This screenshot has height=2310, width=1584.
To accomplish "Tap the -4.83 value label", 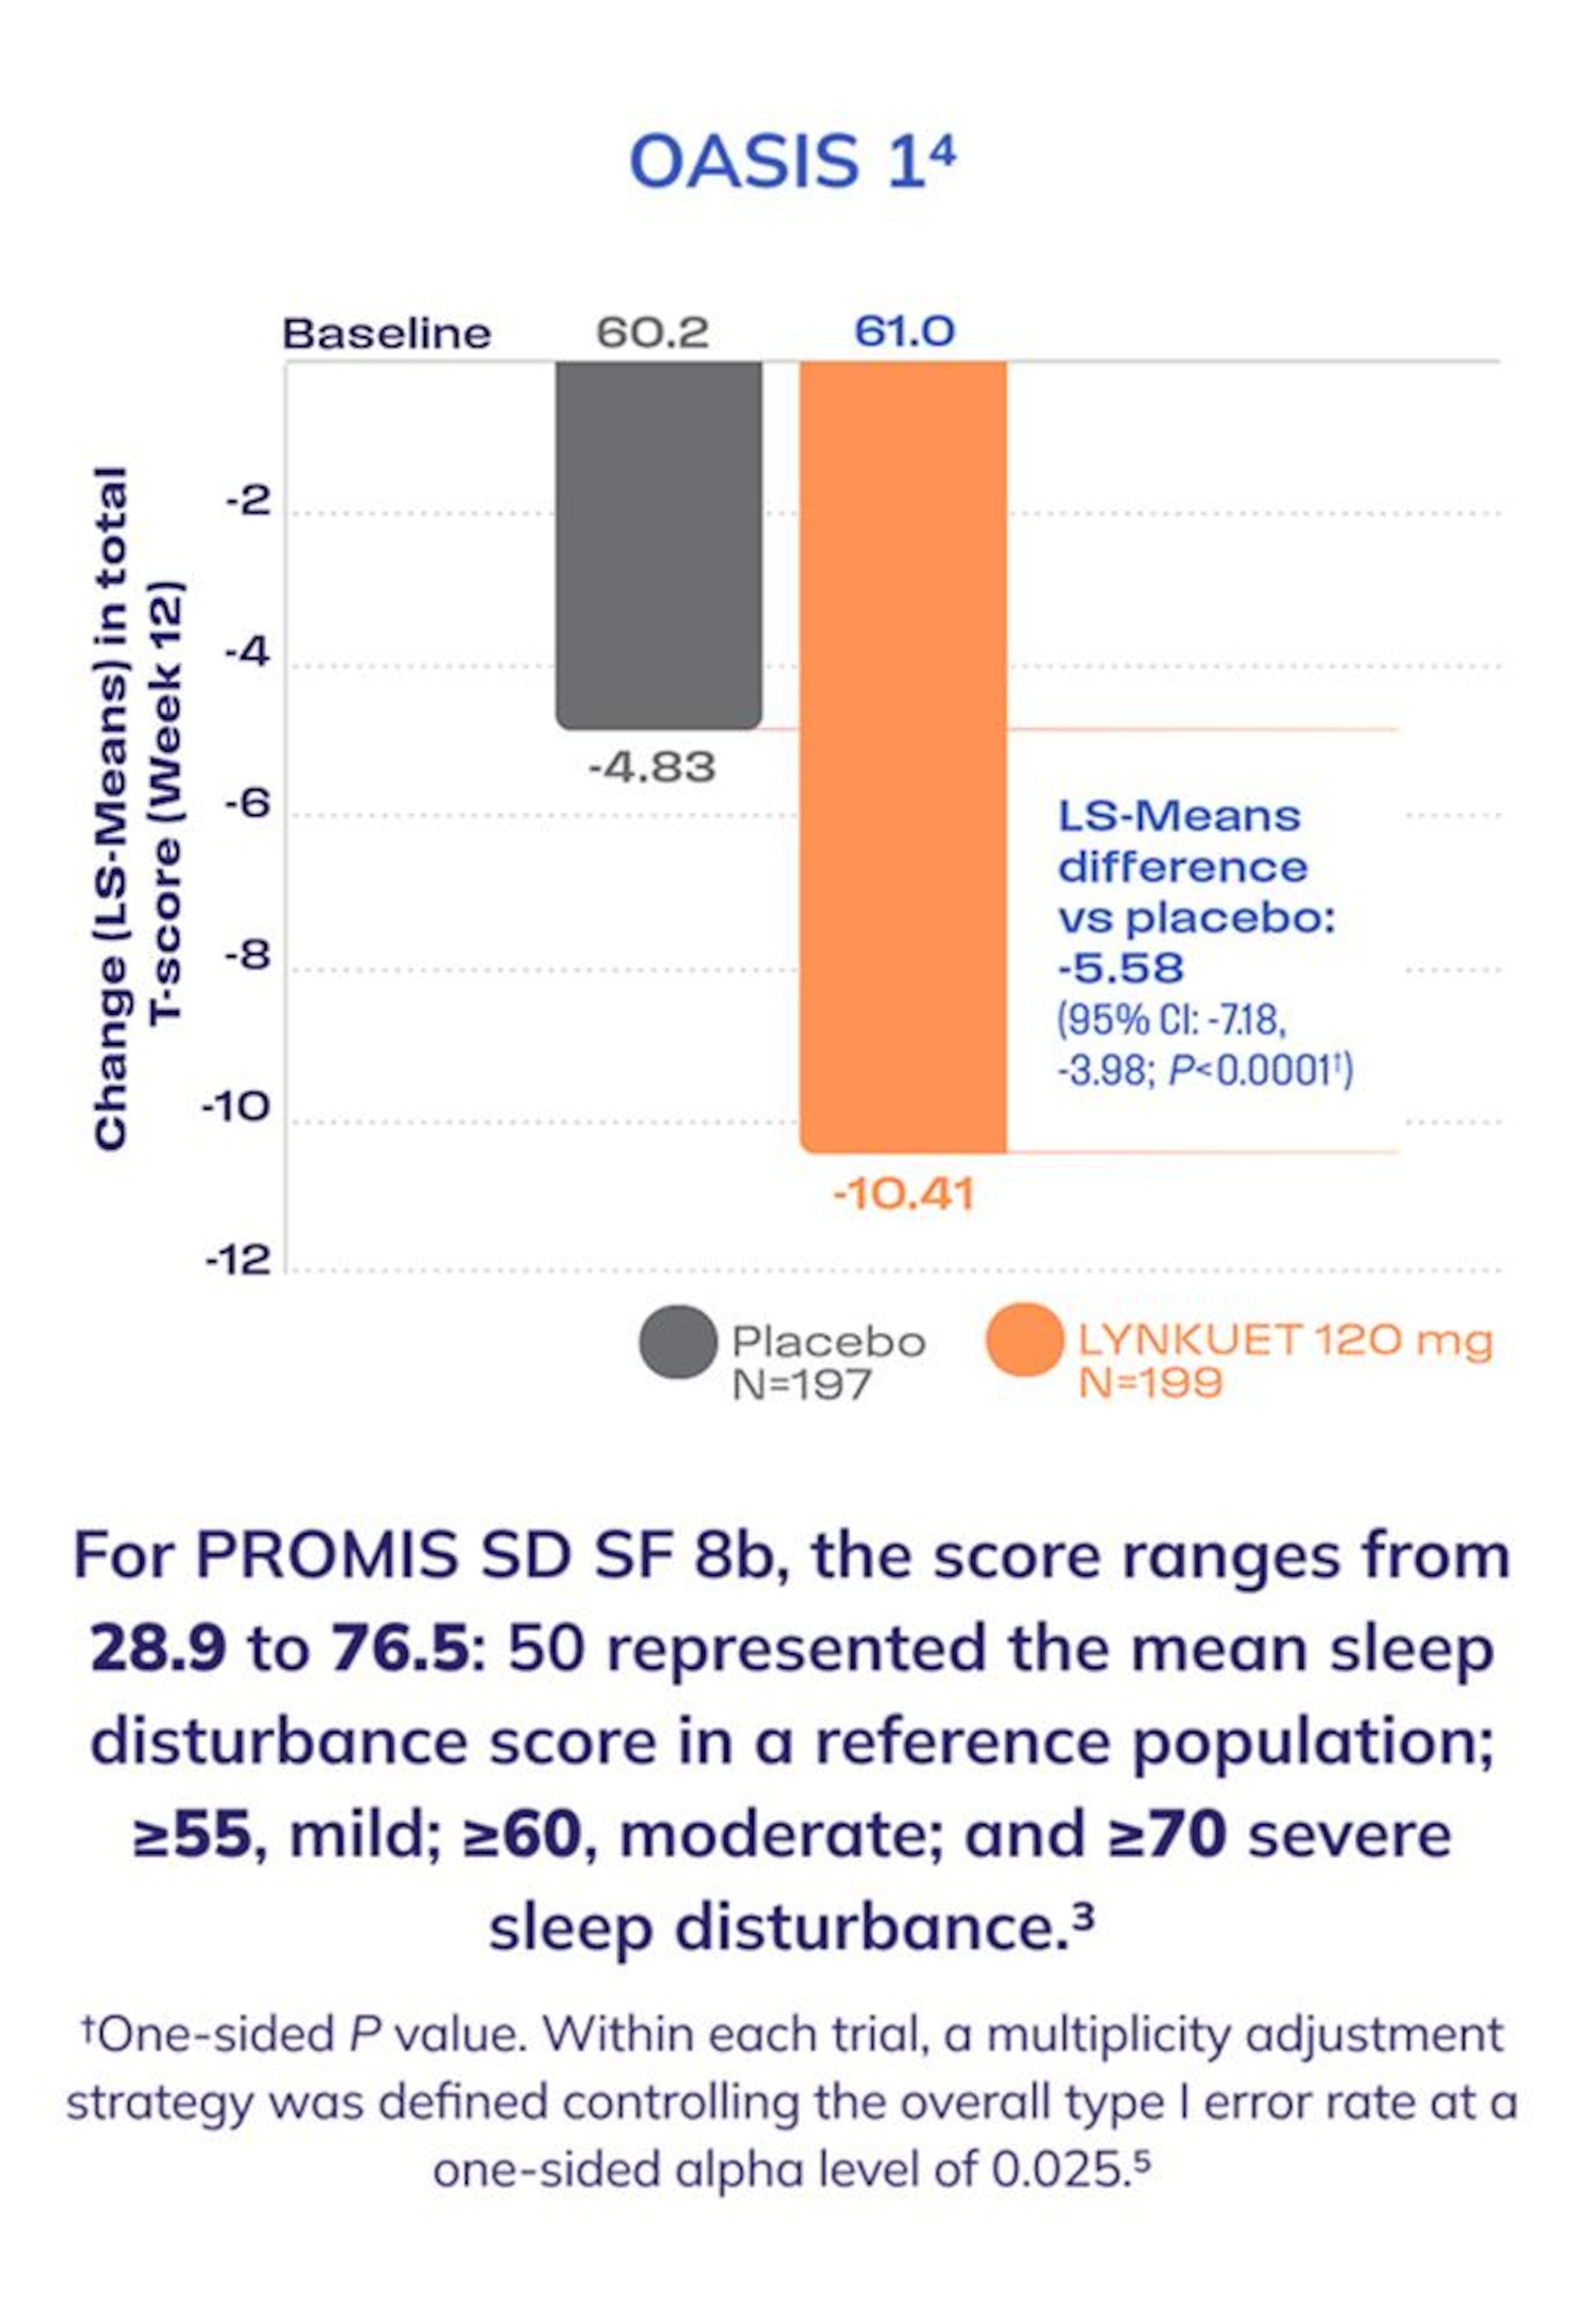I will click(652, 768).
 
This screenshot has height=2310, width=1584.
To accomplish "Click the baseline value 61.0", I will click(904, 332).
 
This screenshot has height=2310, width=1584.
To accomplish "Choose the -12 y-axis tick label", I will click(238, 1260).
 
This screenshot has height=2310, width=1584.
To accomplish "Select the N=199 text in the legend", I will click(1150, 1383).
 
